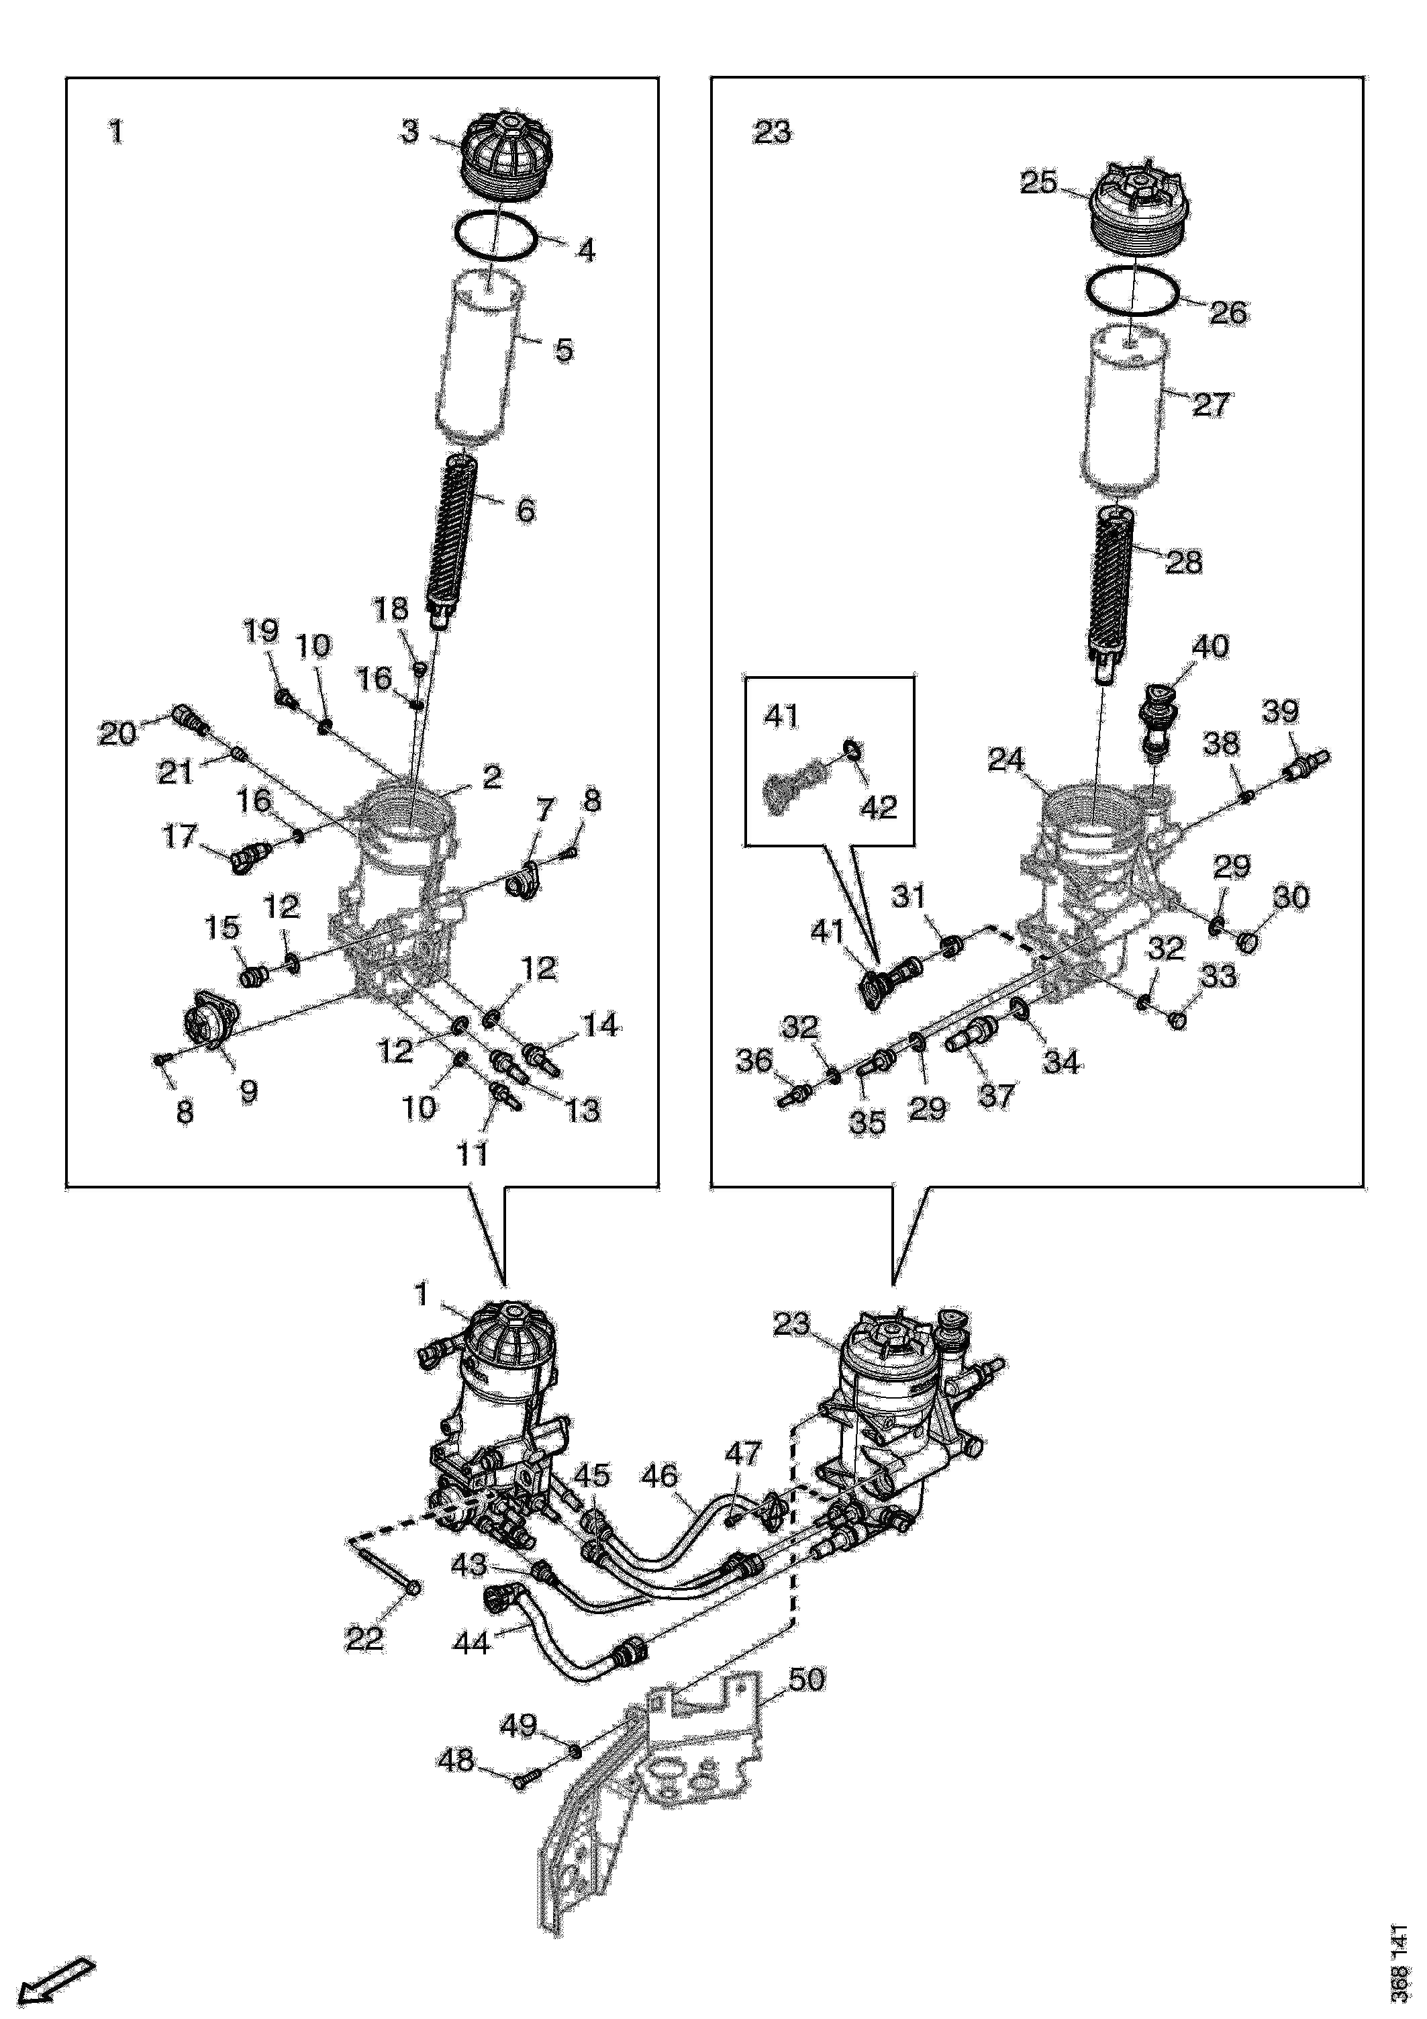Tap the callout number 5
[564, 350]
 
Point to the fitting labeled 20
[191, 720]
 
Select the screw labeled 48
[523, 1801]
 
